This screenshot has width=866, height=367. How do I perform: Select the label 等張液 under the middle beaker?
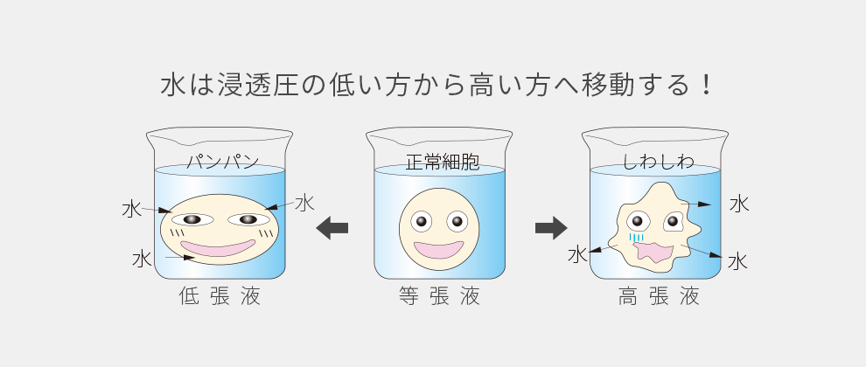[x=439, y=297]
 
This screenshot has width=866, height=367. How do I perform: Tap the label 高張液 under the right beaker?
[x=659, y=297]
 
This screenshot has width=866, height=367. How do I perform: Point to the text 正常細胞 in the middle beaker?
[x=439, y=162]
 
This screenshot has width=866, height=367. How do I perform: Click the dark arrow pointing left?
[x=332, y=228]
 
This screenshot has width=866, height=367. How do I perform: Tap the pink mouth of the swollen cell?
[x=222, y=249]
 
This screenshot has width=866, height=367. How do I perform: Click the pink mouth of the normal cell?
[x=439, y=249]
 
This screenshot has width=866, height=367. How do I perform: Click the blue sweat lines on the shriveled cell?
[x=637, y=236]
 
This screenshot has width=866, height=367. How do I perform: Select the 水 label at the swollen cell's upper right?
[x=304, y=203]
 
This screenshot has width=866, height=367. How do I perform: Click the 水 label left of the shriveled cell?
[x=577, y=254]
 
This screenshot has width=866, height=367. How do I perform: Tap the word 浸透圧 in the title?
[x=256, y=86]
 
